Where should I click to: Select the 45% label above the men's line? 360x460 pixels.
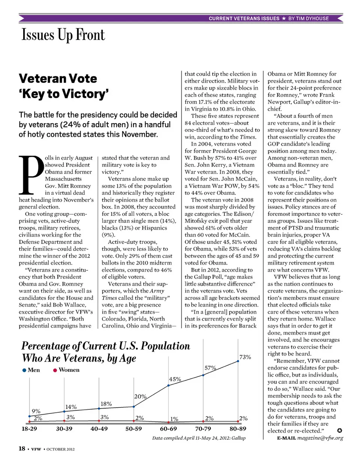[x=175, y=379]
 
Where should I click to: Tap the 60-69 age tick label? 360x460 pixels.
[x=168, y=428]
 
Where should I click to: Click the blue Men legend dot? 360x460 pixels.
[x=24, y=370]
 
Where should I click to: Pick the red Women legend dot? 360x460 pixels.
[x=55, y=370]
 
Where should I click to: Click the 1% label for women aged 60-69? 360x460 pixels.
[x=174, y=419]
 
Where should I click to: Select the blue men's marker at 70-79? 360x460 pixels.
[x=203, y=375]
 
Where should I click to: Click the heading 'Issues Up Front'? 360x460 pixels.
[x=63, y=35]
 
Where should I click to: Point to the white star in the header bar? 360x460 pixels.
[x=284, y=18]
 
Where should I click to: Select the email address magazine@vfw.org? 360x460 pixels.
[x=320, y=438]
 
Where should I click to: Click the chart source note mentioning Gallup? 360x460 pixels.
[x=199, y=438]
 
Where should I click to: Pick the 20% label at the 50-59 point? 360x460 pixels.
[x=140, y=397]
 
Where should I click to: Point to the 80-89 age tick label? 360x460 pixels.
[x=238, y=428]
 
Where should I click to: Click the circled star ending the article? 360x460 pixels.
[x=339, y=430]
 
